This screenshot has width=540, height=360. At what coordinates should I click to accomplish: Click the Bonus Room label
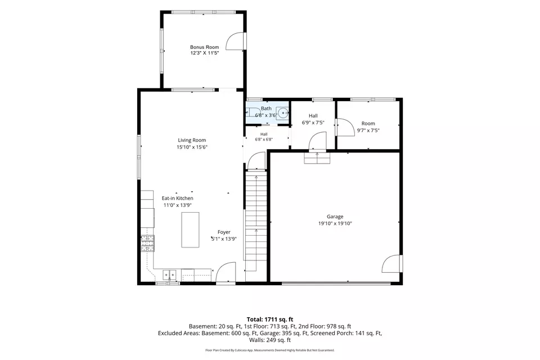pyautogui.click(x=205, y=47)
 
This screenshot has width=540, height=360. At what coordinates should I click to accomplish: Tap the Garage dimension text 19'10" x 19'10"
pyautogui.click(x=335, y=223)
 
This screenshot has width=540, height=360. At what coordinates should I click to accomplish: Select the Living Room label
pyautogui.click(x=192, y=140)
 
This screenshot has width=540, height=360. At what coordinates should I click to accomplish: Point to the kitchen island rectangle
pyautogui.click(x=190, y=229)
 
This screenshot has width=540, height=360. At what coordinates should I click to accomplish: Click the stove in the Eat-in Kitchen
pyautogui.click(x=147, y=243)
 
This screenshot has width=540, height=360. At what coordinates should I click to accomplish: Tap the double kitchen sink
pyautogui.click(x=169, y=275)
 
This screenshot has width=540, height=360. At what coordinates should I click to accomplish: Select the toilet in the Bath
pyautogui.click(x=251, y=112)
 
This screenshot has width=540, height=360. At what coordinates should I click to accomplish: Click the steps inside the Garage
pyautogui.click(x=317, y=157)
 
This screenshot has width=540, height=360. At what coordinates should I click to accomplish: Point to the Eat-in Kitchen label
pyautogui.click(x=177, y=199)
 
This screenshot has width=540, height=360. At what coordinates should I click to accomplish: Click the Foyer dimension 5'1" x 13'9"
pyautogui.click(x=224, y=239)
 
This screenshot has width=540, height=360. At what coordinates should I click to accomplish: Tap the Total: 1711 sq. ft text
pyautogui.click(x=270, y=319)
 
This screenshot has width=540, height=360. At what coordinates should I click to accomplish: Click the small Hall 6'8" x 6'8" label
pyautogui.click(x=264, y=137)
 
